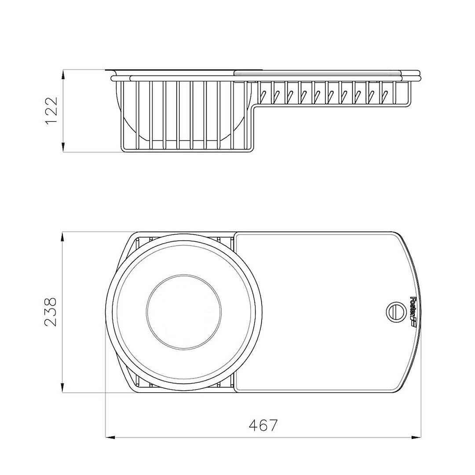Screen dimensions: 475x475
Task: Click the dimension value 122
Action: coord(51,111)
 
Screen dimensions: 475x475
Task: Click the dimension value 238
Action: coord(50,312)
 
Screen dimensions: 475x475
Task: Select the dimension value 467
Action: coord(263,426)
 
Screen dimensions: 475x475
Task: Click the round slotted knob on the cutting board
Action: coord(395,312)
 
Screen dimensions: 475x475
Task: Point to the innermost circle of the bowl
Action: coord(183,312)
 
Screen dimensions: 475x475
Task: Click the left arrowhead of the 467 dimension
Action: coord(110,437)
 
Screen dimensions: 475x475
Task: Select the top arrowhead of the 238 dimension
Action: coord(62,237)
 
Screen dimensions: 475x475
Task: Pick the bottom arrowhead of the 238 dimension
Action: coord(62,388)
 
